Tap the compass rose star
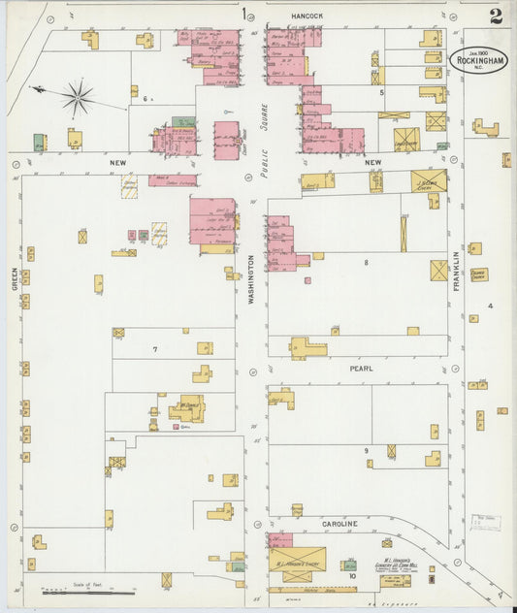(78, 96)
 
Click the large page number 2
(496, 16)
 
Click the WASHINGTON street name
(250, 281)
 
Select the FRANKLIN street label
(454, 269)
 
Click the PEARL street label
(361, 369)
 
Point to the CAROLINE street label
(339, 524)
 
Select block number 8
(366, 263)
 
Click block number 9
(366, 451)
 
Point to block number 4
(491, 306)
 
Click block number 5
(382, 92)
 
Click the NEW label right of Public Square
(373, 162)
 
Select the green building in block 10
(350, 565)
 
